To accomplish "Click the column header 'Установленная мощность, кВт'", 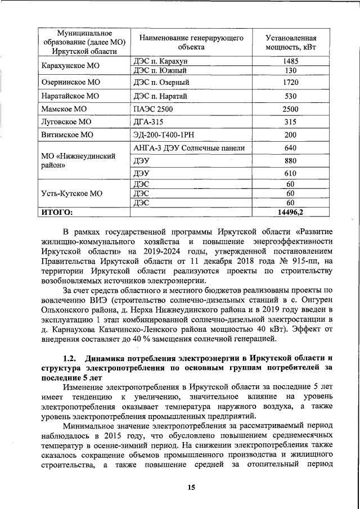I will coord(290,42).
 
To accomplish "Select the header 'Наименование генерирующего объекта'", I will coord(191,42).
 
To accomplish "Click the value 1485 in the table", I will coord(290,60).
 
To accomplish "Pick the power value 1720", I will coord(290,83).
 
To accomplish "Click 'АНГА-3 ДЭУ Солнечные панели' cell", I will coord(189,148).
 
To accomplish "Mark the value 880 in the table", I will coord(290,161).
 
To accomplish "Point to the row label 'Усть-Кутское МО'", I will coord(72,193).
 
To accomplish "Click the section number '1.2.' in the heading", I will coord(70,358).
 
